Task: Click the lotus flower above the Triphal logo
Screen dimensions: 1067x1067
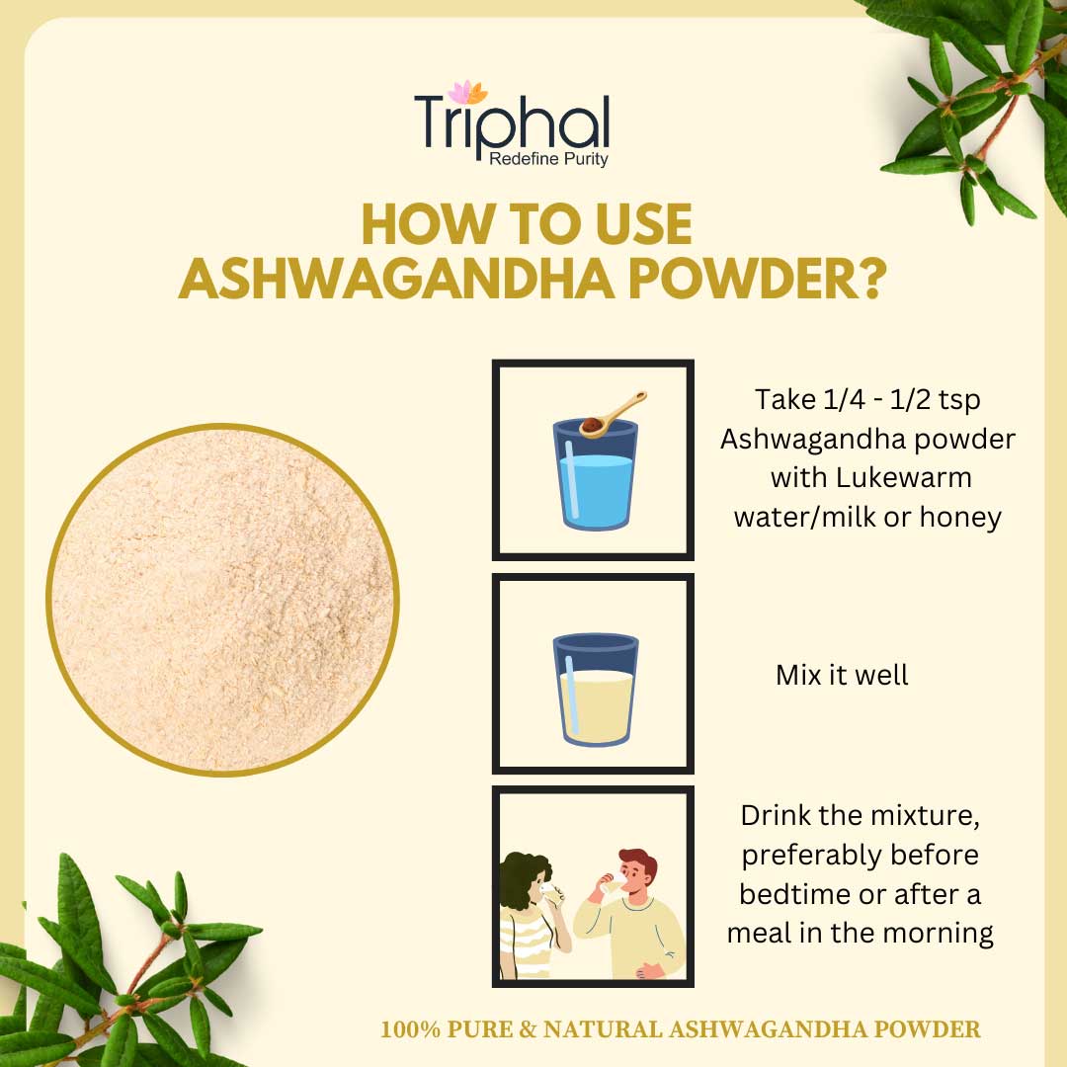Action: tap(467, 93)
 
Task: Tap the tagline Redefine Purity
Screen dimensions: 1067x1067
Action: tap(548, 159)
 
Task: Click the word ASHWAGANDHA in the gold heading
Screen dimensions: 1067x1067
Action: tap(397, 279)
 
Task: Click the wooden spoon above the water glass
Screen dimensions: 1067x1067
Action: tap(613, 414)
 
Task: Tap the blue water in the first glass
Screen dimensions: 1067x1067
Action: tap(596, 490)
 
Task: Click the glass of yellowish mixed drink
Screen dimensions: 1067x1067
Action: tap(596, 690)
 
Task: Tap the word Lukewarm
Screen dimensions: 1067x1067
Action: tap(903, 478)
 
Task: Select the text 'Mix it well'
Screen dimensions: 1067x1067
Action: tap(842, 675)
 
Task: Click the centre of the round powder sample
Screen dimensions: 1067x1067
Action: tap(222, 600)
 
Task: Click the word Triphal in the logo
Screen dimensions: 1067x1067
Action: tap(512, 123)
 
